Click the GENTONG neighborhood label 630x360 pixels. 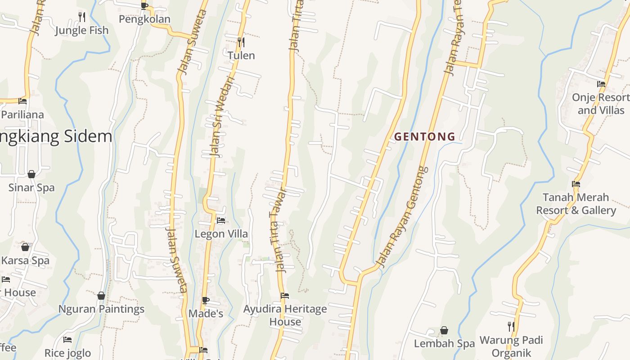point(424,136)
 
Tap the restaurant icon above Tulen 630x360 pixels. point(241,42)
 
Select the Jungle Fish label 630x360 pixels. point(82,30)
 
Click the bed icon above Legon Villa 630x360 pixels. point(221,220)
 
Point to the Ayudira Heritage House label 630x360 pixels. point(285,315)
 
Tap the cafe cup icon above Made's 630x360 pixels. point(206,300)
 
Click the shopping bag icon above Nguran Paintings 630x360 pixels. point(101,296)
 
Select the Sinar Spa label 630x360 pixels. point(31,188)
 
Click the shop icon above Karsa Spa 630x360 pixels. point(25,247)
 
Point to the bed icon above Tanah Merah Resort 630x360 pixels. point(576,184)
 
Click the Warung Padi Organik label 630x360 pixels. point(511,346)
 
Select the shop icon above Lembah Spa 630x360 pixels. point(444,330)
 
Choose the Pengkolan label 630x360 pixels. point(144,19)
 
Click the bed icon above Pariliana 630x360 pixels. point(22,101)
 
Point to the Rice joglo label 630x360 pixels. point(67,353)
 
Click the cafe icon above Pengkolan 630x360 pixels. point(144,5)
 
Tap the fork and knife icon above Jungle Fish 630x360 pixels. point(82,17)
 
